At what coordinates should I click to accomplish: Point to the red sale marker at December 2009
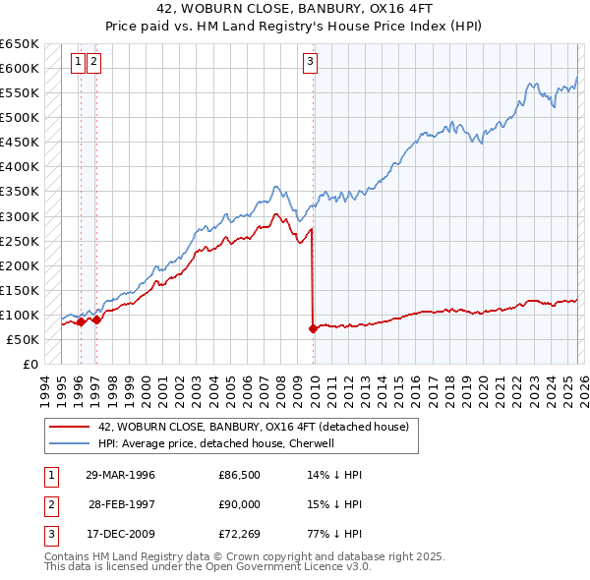click(314, 328)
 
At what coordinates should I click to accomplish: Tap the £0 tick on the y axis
click(29, 365)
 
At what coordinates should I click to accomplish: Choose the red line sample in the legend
click(70, 428)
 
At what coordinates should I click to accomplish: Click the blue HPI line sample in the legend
click(70, 443)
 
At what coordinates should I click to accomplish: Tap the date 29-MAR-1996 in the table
click(120, 475)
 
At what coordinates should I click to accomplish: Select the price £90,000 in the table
click(239, 505)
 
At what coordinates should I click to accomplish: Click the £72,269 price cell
click(239, 536)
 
